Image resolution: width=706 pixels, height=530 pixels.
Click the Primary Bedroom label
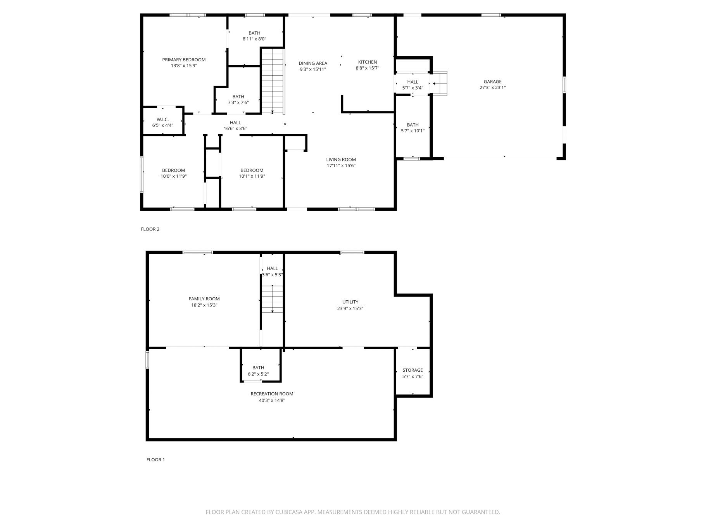(184, 60)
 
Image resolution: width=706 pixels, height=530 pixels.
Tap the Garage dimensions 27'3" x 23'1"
(492, 88)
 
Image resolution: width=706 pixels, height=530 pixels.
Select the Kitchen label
(367, 62)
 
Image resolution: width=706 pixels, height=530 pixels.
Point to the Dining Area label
(312, 63)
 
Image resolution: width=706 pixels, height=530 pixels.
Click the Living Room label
(341, 159)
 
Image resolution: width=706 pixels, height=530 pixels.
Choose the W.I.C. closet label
(162, 120)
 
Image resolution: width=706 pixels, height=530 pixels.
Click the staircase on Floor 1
(272, 299)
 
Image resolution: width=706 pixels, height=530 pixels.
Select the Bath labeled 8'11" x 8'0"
(254, 36)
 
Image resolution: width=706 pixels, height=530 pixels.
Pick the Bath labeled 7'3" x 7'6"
(238, 99)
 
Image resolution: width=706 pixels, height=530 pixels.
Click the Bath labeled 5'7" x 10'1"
(413, 128)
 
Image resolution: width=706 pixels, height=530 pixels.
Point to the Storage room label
(413, 370)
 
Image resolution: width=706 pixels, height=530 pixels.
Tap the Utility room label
(350, 302)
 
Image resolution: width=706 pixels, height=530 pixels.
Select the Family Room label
(204, 299)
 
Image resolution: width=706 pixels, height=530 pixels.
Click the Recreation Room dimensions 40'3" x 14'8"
(272, 400)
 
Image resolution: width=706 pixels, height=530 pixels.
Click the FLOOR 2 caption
(150, 229)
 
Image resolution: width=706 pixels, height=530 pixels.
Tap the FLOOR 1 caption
(155, 460)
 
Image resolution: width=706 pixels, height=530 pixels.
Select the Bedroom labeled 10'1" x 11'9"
(252, 173)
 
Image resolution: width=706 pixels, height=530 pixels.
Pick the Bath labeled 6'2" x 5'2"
(258, 371)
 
